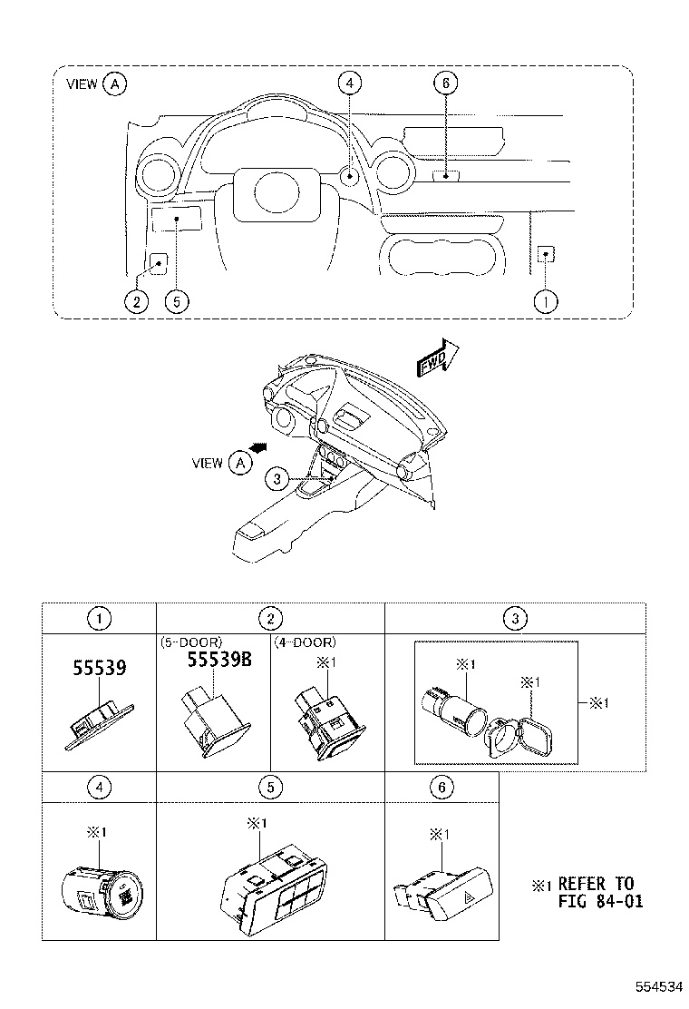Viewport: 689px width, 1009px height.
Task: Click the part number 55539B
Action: [x=218, y=660]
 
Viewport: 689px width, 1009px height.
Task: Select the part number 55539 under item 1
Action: [x=99, y=669]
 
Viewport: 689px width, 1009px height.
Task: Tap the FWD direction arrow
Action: [x=437, y=356]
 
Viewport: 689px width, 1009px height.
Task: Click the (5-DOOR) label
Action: [x=190, y=642]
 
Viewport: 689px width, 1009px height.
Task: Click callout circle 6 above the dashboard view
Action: [x=444, y=83]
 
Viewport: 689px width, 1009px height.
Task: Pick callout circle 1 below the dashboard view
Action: [x=546, y=301]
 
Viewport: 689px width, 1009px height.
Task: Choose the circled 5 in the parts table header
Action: [x=270, y=788]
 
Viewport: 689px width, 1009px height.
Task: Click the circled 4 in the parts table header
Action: [x=99, y=788]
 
